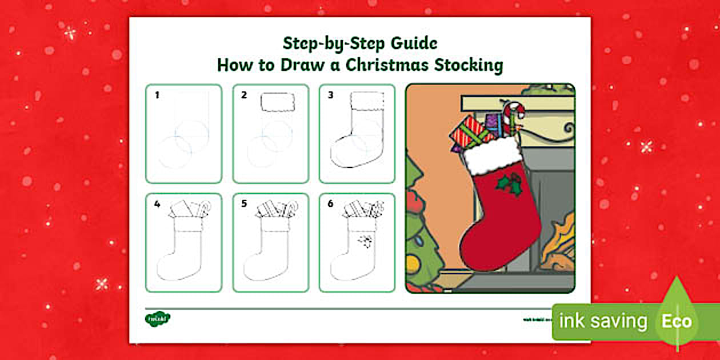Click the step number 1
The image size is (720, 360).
pos(157,95)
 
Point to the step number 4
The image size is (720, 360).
pos(157,203)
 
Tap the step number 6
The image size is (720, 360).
pos(330,203)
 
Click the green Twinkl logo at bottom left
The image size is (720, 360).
pos(157,318)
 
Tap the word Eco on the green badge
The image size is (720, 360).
pos(677,321)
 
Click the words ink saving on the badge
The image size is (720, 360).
pos(603,321)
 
